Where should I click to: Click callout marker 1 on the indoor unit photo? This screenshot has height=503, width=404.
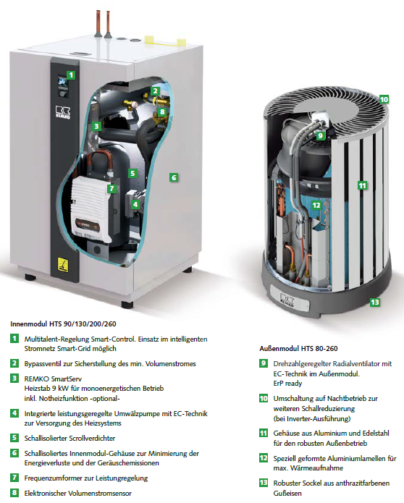pyautogui.click(x=71, y=75)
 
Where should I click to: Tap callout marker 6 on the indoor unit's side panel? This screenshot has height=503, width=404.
pyautogui.click(x=173, y=176)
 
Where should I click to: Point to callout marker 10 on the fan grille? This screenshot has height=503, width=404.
pyautogui.click(x=383, y=99)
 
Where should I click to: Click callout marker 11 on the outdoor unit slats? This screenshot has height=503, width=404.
pyautogui.click(x=362, y=185)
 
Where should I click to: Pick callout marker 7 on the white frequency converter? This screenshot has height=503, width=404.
pyautogui.click(x=111, y=189)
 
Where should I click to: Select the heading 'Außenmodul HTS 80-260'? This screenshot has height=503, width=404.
pyautogui.click(x=301, y=347)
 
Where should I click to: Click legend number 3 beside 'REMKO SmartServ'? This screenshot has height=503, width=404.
pyautogui.click(x=15, y=379)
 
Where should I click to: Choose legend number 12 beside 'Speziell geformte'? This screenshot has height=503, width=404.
pyautogui.click(x=263, y=458)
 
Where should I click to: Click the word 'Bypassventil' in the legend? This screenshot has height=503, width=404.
pyautogui.click(x=45, y=363)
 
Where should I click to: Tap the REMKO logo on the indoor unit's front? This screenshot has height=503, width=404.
pyautogui.click(x=61, y=111)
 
